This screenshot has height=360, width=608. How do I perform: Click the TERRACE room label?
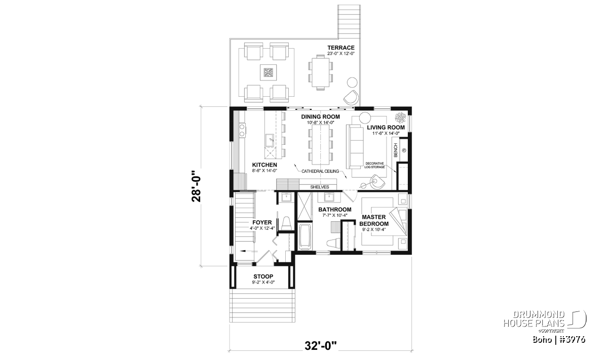(340, 48)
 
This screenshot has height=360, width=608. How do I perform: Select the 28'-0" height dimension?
(196, 186)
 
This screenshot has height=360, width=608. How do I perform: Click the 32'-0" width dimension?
(321, 346)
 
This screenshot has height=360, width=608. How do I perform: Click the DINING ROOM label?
(320, 116)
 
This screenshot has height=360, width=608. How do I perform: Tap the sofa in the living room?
(355, 146)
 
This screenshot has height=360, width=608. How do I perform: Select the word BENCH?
(396, 150)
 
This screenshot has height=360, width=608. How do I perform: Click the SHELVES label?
(320, 187)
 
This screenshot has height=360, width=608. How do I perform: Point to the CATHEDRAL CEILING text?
(320, 171)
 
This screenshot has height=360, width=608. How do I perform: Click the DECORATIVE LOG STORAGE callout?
(374, 165)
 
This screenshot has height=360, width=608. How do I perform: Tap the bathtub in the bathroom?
(306, 236)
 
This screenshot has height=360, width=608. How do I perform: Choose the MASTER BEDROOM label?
(374, 220)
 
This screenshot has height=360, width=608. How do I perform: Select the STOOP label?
(263, 276)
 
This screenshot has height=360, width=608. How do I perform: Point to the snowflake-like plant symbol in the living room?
(400, 117)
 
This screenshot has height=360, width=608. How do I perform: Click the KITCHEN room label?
(264, 165)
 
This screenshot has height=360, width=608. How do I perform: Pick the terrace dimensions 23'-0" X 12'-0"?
(341, 54)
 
